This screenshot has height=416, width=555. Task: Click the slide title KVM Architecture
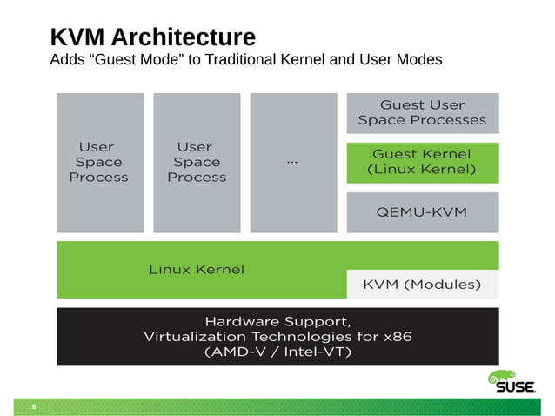coord(152,37)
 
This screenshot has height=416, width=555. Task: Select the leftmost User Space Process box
coord(98,162)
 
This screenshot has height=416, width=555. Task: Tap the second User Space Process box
coord(196,162)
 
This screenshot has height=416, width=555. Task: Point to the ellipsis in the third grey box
coord(291,162)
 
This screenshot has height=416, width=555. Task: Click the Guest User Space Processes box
coord(423,113)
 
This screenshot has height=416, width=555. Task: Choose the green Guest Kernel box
coord(423,162)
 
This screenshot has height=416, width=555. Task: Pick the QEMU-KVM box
coord(423,212)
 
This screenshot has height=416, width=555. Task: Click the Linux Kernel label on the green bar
coord(197,269)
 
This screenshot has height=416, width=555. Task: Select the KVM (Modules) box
coord(422,285)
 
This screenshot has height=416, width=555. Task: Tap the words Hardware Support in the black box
coord(277,319)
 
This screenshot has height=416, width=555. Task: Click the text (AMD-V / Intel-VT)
coord(277,352)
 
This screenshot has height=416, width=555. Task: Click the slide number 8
coord(34,406)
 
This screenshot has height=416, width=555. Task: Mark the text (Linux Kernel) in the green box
coord(423,170)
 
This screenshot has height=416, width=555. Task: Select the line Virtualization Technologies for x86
coord(277,336)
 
